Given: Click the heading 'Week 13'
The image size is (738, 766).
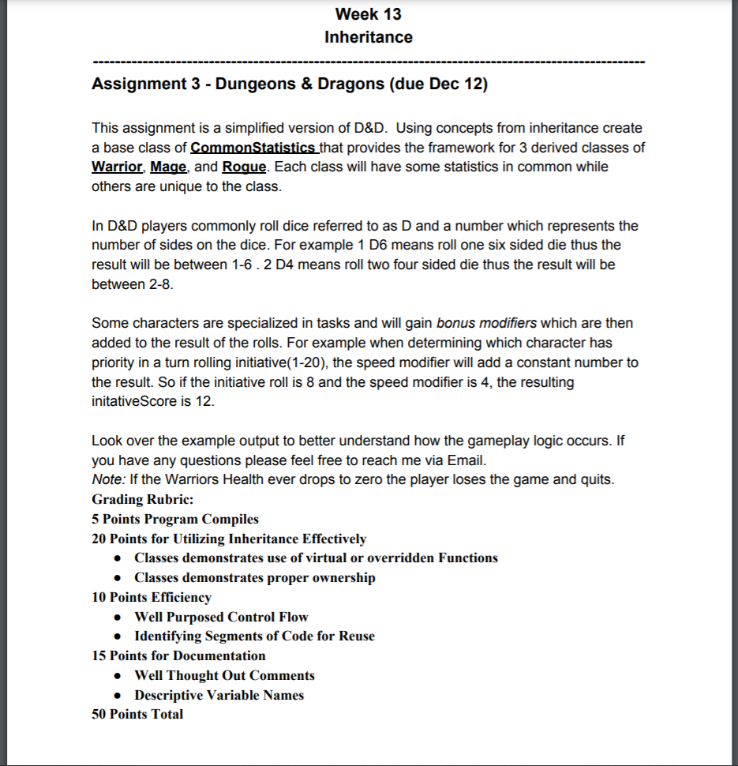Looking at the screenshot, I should tap(368, 14).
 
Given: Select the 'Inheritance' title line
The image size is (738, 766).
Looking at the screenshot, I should tap(368, 37).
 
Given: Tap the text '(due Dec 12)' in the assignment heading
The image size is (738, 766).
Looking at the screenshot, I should tap(438, 84).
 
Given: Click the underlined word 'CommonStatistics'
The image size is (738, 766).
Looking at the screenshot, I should tap(253, 148).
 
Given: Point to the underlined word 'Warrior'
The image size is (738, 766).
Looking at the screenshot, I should tap(117, 167).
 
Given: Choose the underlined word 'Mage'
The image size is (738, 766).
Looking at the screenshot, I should tap(169, 167).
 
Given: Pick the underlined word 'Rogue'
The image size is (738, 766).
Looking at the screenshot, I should tap(245, 167).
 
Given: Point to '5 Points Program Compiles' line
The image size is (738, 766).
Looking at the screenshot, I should tap(174, 519).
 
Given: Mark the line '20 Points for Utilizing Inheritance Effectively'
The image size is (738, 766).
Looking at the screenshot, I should tap(229, 539).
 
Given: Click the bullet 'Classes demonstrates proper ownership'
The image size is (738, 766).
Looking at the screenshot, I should tap(254, 577).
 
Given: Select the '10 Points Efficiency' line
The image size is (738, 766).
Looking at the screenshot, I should tap(152, 597).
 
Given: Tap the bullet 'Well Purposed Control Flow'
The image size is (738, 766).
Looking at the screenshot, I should tap(221, 617).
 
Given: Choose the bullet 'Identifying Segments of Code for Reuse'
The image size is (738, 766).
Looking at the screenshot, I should tap(254, 636).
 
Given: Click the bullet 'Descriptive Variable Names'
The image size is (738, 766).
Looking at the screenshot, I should tap(219, 695).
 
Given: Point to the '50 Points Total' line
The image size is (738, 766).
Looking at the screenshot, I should tap(137, 714).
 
